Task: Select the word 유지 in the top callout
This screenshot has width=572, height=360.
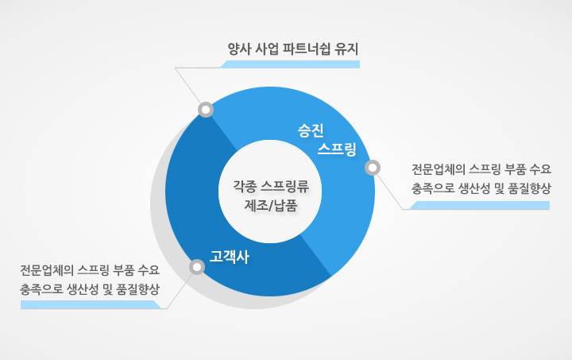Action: pos(347,49)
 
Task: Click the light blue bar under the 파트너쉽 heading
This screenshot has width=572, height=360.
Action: pos(290,64)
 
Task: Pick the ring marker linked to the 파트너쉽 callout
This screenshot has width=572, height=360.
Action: pos(206,110)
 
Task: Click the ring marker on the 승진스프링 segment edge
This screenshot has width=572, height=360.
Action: pos(373,168)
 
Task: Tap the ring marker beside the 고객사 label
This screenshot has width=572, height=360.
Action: pos(197,267)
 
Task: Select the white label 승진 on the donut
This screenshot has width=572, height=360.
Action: pos(311,130)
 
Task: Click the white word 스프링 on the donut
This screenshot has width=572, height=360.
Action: pos(337,149)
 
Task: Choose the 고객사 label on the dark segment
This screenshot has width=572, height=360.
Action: pos(229,257)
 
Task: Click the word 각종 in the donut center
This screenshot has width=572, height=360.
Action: pos(245,187)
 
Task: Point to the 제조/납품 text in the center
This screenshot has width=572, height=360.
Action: pos(271,206)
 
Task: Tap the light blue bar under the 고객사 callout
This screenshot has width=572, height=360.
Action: pos(91,304)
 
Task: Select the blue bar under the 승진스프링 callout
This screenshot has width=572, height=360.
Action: pos(480,205)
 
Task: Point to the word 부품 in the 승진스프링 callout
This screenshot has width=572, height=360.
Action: pos(515,169)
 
